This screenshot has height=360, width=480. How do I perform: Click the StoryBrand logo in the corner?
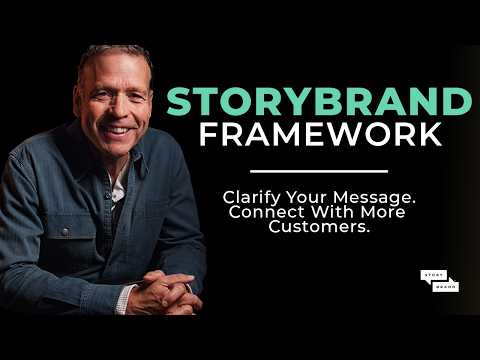pyautogui.click(x=438, y=282)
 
